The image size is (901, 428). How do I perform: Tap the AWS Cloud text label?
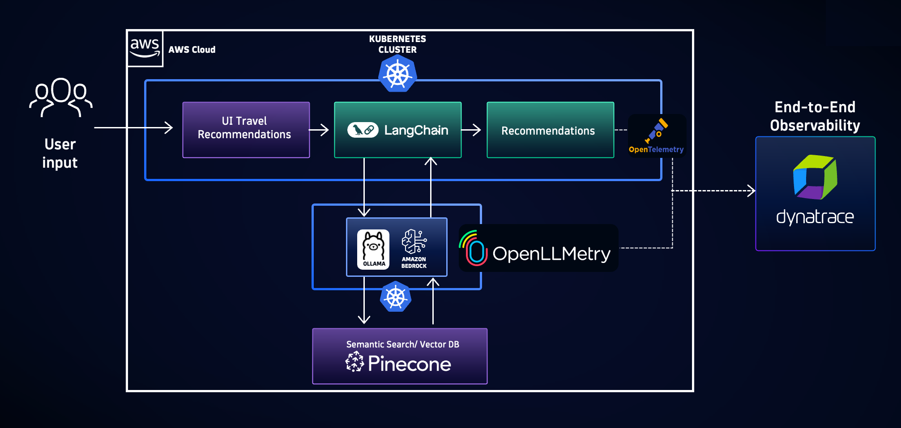(192, 50)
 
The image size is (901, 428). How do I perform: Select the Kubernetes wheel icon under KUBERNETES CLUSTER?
(397, 74)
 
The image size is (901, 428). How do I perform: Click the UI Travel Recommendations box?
(246, 130)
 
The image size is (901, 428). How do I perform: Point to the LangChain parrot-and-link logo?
(363, 130)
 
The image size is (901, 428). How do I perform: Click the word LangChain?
(416, 130)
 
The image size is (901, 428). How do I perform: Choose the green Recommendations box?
(550, 130)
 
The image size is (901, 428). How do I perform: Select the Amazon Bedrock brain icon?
(414, 242)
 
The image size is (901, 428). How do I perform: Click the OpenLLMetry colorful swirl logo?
(473, 249)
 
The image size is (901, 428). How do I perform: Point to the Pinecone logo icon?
(355, 362)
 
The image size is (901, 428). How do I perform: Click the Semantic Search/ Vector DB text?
(402, 344)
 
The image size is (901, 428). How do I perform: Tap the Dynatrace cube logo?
(815, 177)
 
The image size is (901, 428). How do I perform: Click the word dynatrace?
(815, 217)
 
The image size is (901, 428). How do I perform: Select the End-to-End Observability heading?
(815, 116)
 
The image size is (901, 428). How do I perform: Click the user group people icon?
(61, 97)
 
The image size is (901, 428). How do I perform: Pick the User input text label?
(60, 153)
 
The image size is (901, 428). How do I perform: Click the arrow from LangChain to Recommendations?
(471, 130)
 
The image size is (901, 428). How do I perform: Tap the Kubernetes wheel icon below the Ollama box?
(396, 297)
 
